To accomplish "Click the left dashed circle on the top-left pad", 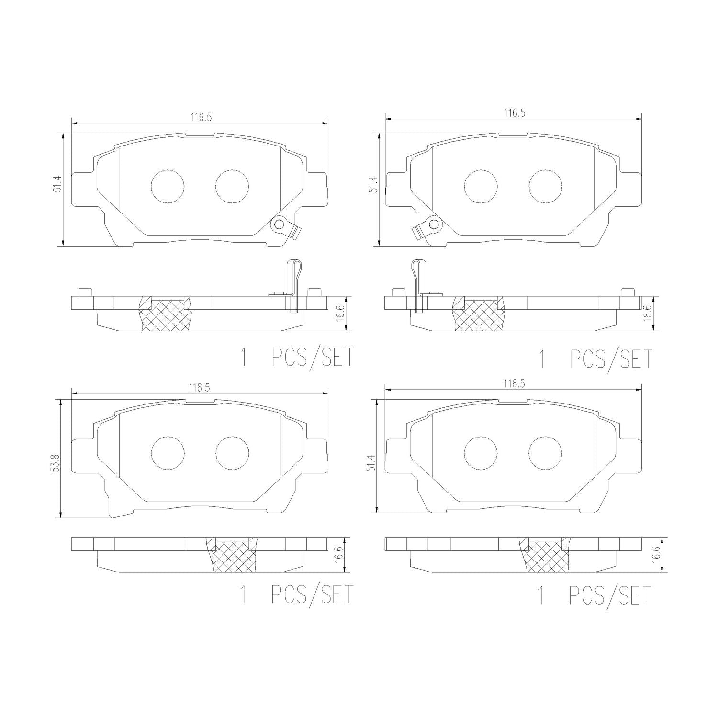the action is click(x=168, y=186).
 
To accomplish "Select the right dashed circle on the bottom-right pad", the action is click(x=546, y=453).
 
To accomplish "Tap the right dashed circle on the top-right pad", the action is click(x=546, y=186).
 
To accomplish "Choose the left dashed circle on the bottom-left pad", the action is click(x=168, y=453).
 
